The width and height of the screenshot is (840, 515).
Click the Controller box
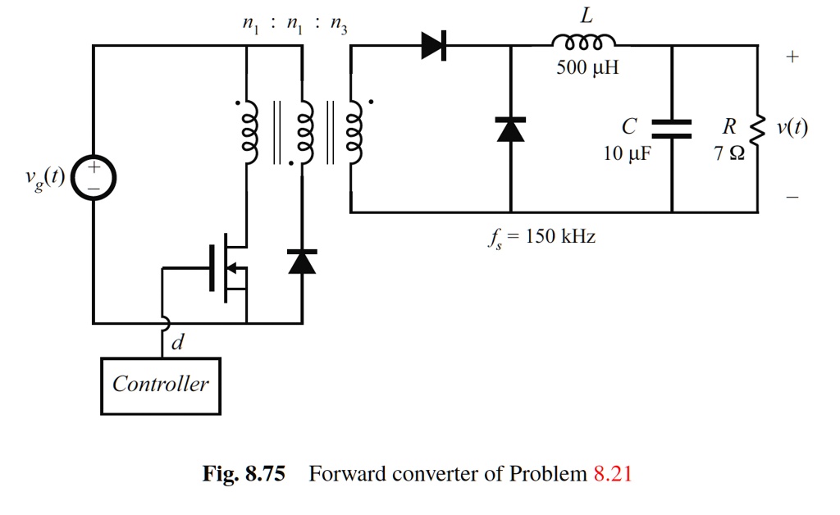[161, 385]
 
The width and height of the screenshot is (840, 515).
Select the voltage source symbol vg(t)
[94, 178]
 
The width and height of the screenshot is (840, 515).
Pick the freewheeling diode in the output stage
[510, 130]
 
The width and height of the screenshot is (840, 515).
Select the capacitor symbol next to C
[672, 129]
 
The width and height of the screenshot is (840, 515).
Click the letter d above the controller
[177, 344]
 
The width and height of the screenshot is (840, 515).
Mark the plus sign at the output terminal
[791, 57]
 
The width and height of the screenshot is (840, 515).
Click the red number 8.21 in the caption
[612, 474]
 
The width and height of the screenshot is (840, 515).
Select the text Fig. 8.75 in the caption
[244, 474]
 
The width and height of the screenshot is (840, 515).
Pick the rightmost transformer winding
[355, 131]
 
